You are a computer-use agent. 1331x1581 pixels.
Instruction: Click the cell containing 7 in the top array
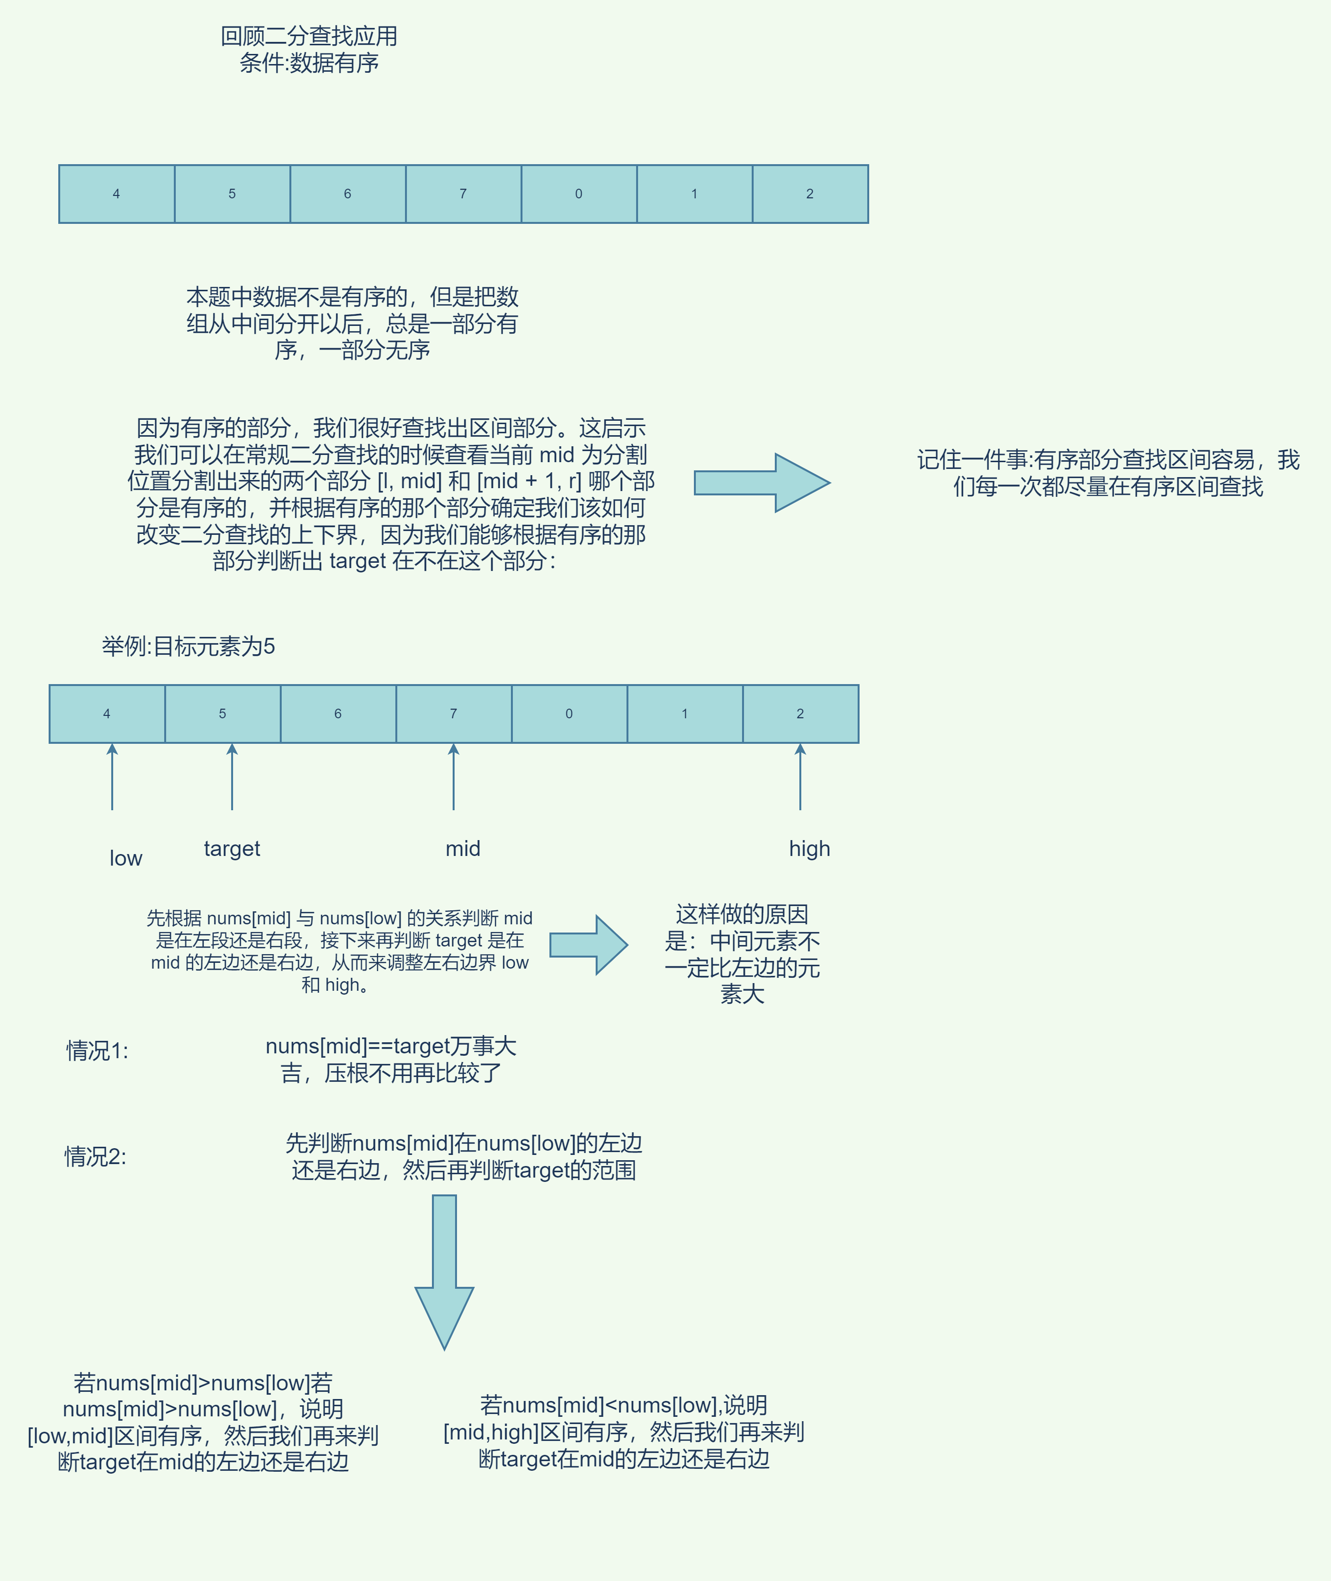coord(463,194)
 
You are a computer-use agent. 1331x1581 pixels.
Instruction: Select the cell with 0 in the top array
coord(579,194)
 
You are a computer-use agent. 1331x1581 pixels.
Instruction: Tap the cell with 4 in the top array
coord(116,194)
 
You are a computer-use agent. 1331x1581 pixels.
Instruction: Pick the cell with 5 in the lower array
coord(222,713)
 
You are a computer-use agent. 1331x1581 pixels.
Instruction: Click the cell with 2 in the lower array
coord(800,713)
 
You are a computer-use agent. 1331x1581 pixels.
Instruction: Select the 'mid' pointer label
coord(463,849)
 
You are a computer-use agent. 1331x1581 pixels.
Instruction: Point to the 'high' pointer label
coord(809,849)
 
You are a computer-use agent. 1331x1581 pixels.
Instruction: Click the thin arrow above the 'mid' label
coord(454,777)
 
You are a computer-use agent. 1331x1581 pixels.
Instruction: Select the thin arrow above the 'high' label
coord(800,777)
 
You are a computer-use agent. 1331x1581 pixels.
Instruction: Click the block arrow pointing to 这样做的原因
coord(588,945)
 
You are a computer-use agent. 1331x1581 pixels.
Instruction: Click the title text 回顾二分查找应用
coord(309,36)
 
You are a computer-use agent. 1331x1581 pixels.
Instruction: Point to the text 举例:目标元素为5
coord(189,647)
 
